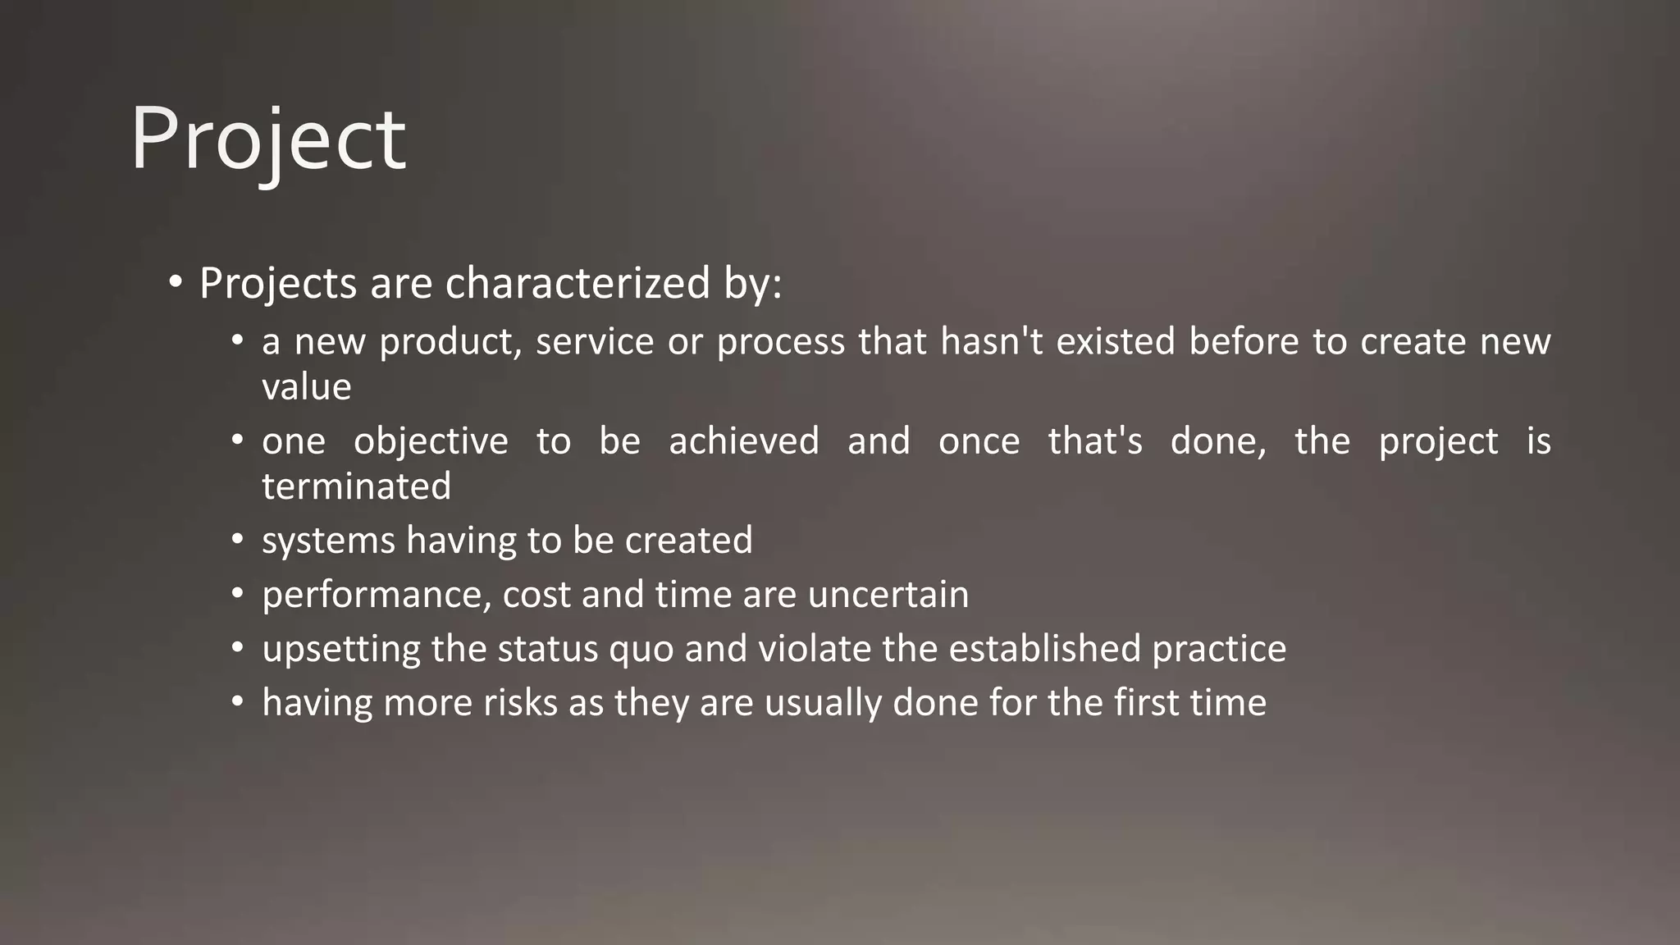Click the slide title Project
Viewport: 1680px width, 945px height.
267,139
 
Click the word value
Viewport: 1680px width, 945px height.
306,386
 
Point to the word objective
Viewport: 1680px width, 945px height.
431,441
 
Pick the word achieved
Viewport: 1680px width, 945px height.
743,441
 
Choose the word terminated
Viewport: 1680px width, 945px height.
356,486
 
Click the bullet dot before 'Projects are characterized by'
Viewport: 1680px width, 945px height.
175,283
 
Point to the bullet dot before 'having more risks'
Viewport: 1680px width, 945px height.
238,702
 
